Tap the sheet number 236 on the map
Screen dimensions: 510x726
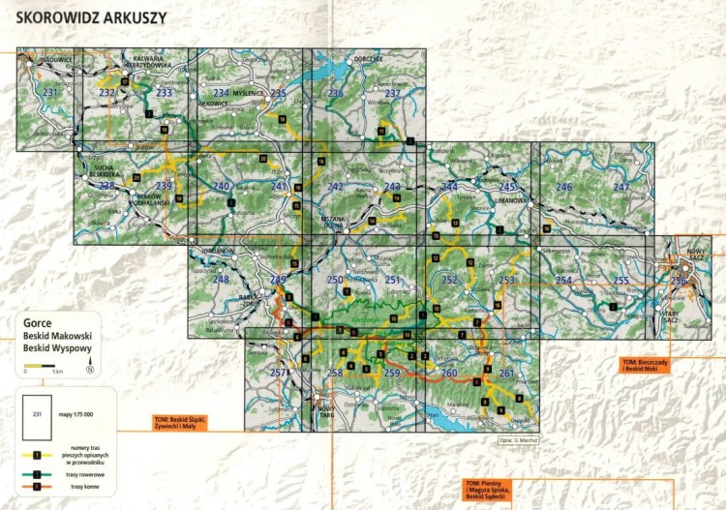pyautogui.click(x=335, y=93)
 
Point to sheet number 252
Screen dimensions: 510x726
pyautogui.click(x=449, y=280)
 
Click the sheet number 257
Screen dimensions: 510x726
pyautogui.click(x=279, y=373)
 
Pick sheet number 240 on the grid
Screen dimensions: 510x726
pyautogui.click(x=221, y=187)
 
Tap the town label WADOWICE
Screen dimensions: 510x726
pyautogui.click(x=56, y=60)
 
